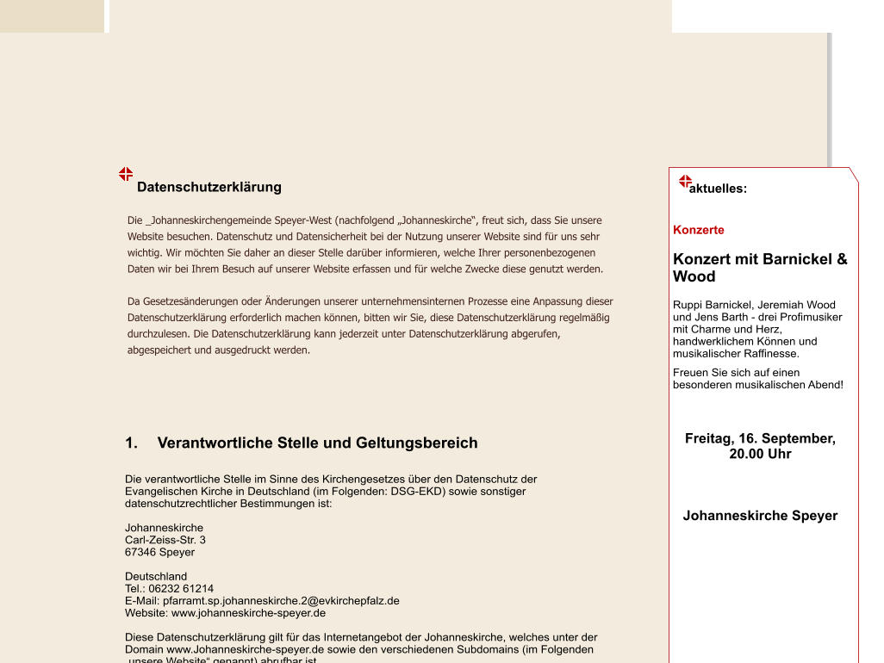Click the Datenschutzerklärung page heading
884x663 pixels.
coord(209,187)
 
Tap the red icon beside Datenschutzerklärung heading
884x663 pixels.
coord(126,174)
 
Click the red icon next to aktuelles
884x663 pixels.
coord(686,182)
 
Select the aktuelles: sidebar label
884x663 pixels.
coord(718,189)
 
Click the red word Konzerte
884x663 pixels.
coord(699,230)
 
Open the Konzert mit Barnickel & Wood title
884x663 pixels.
coord(760,267)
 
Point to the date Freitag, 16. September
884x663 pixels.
coord(760,438)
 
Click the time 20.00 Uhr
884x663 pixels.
coord(760,454)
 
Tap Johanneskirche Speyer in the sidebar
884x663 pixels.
coord(760,516)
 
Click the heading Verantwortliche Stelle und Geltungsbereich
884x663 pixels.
coord(317,443)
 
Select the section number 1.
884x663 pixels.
coord(131,443)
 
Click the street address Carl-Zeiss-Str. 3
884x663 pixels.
coord(165,540)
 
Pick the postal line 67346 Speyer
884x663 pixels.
coord(159,552)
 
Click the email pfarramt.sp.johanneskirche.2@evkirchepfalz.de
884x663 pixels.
coord(281,601)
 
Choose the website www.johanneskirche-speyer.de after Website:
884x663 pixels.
coord(248,613)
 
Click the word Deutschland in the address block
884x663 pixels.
coord(156,576)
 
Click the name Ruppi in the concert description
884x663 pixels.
coord(687,305)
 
